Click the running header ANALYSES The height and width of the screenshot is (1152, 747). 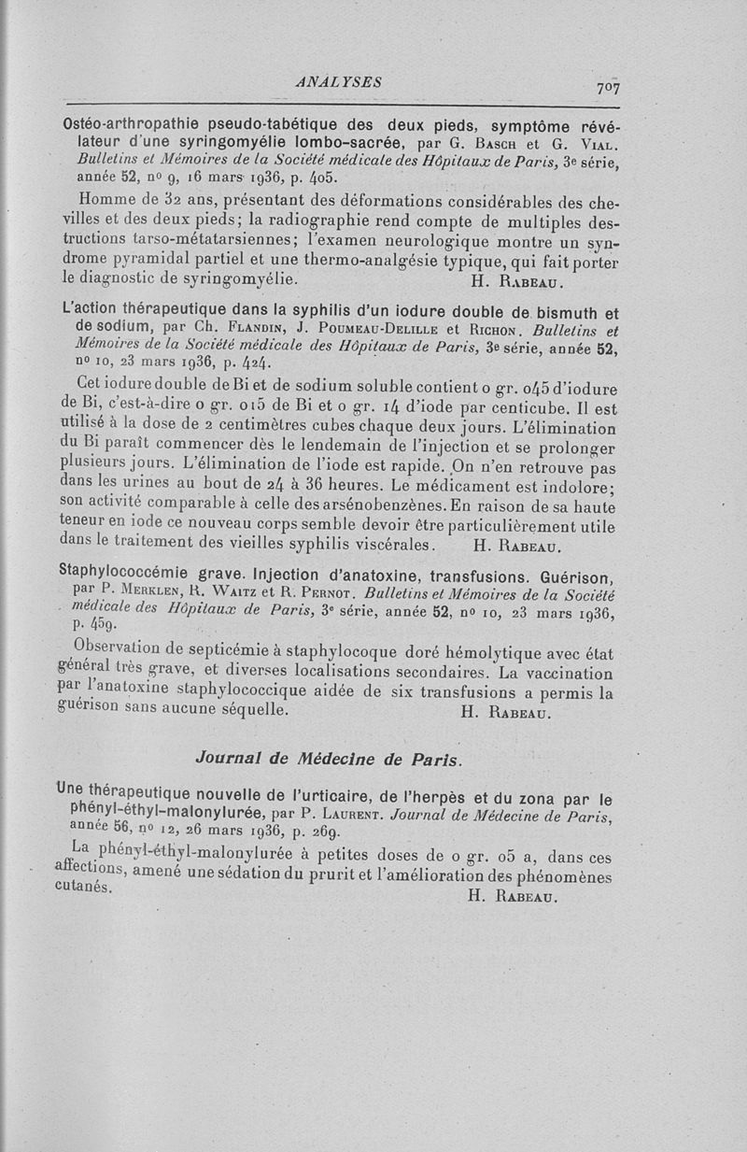[337, 81]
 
